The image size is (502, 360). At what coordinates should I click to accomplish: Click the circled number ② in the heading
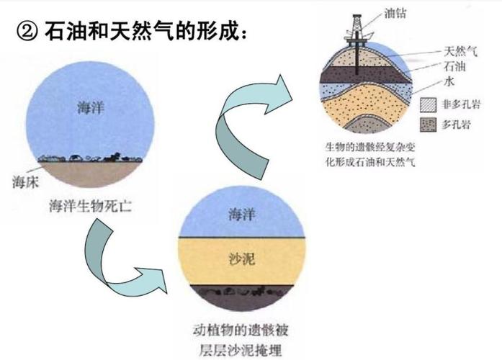(x=27, y=32)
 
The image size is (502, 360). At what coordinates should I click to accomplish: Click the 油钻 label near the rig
(x=395, y=14)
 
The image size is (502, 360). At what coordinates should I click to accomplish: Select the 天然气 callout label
(x=460, y=51)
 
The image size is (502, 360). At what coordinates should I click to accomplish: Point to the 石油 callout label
(x=454, y=66)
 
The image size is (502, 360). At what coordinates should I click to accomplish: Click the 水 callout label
(x=449, y=81)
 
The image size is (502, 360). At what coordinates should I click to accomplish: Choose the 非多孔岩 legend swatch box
(x=428, y=105)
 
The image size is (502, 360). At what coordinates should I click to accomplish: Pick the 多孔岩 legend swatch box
(x=428, y=125)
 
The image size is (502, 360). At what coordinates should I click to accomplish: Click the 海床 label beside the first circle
(x=25, y=182)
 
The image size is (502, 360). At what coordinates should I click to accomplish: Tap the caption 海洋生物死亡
(x=90, y=206)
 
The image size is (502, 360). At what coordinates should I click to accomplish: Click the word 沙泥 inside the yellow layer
(x=242, y=259)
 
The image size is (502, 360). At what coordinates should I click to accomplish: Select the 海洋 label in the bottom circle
(x=242, y=214)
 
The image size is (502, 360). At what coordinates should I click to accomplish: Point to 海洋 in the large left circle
(x=91, y=107)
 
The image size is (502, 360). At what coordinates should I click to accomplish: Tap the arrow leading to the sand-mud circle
(x=122, y=262)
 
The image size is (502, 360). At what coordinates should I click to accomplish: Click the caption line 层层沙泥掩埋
(x=240, y=350)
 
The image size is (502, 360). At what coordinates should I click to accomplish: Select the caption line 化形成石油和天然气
(x=370, y=162)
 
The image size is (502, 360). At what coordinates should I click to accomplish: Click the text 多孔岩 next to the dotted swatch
(x=456, y=125)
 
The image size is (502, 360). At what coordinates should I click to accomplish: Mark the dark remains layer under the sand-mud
(x=242, y=297)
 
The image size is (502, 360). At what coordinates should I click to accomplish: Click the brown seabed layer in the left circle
(x=90, y=174)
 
